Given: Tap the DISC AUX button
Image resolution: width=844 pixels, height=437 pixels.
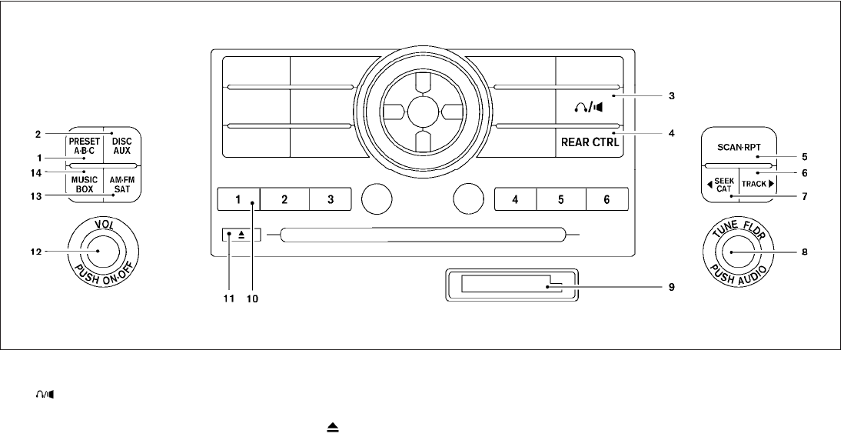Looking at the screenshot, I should click(121, 145).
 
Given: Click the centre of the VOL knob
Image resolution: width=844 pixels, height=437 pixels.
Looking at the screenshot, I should click(98, 251).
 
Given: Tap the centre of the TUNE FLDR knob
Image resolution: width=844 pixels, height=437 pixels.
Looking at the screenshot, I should click(732, 252).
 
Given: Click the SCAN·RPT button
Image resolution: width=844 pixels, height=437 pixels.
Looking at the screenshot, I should click(739, 146).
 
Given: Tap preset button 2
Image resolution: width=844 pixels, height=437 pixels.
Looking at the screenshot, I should click(284, 199).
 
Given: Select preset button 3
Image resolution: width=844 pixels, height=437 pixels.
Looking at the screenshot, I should click(331, 199).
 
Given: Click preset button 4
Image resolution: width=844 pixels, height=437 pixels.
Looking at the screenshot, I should click(515, 199).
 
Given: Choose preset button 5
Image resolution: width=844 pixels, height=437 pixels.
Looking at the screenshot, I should click(561, 199).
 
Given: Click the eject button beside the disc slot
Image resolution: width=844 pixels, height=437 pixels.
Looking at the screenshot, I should click(241, 235).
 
